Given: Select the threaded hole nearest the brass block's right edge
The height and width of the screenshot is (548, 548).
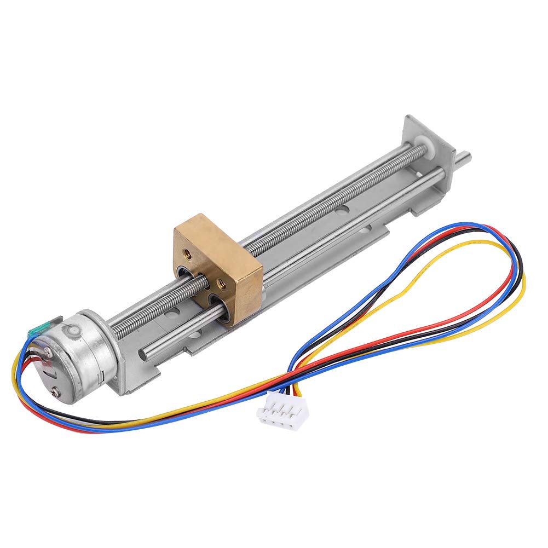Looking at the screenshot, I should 222,283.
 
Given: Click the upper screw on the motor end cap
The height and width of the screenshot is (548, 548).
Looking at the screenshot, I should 48,354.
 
